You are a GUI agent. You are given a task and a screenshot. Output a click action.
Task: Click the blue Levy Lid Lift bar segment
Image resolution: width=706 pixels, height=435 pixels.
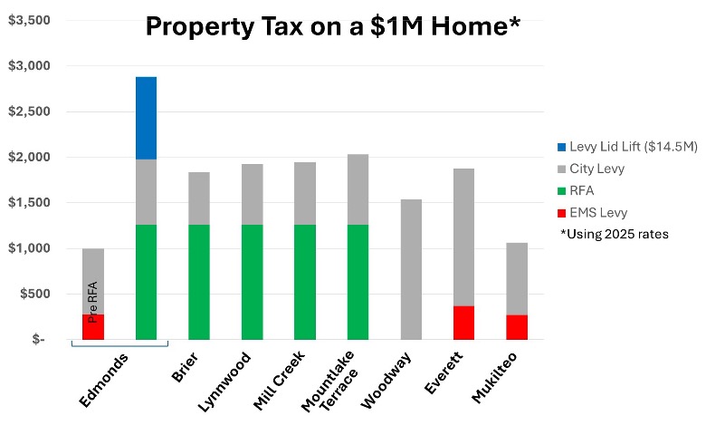146,118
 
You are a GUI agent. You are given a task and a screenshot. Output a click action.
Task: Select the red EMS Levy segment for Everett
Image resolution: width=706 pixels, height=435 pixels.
464,323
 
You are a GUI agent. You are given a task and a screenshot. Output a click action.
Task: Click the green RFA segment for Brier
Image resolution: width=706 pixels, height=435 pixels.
199,282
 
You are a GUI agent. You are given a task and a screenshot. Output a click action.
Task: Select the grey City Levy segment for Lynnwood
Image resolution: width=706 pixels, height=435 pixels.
253,194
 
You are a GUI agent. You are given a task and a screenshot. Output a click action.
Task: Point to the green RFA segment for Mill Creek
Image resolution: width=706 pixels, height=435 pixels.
305,282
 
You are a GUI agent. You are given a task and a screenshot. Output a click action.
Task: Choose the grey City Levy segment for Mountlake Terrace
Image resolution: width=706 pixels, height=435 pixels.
358,189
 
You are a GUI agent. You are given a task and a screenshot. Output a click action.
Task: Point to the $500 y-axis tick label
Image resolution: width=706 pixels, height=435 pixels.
33,294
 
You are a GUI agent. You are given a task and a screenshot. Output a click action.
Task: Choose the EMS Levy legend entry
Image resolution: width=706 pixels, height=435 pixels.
593,212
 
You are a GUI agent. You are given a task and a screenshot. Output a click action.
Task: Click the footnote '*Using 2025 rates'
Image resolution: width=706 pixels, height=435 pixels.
614,235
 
